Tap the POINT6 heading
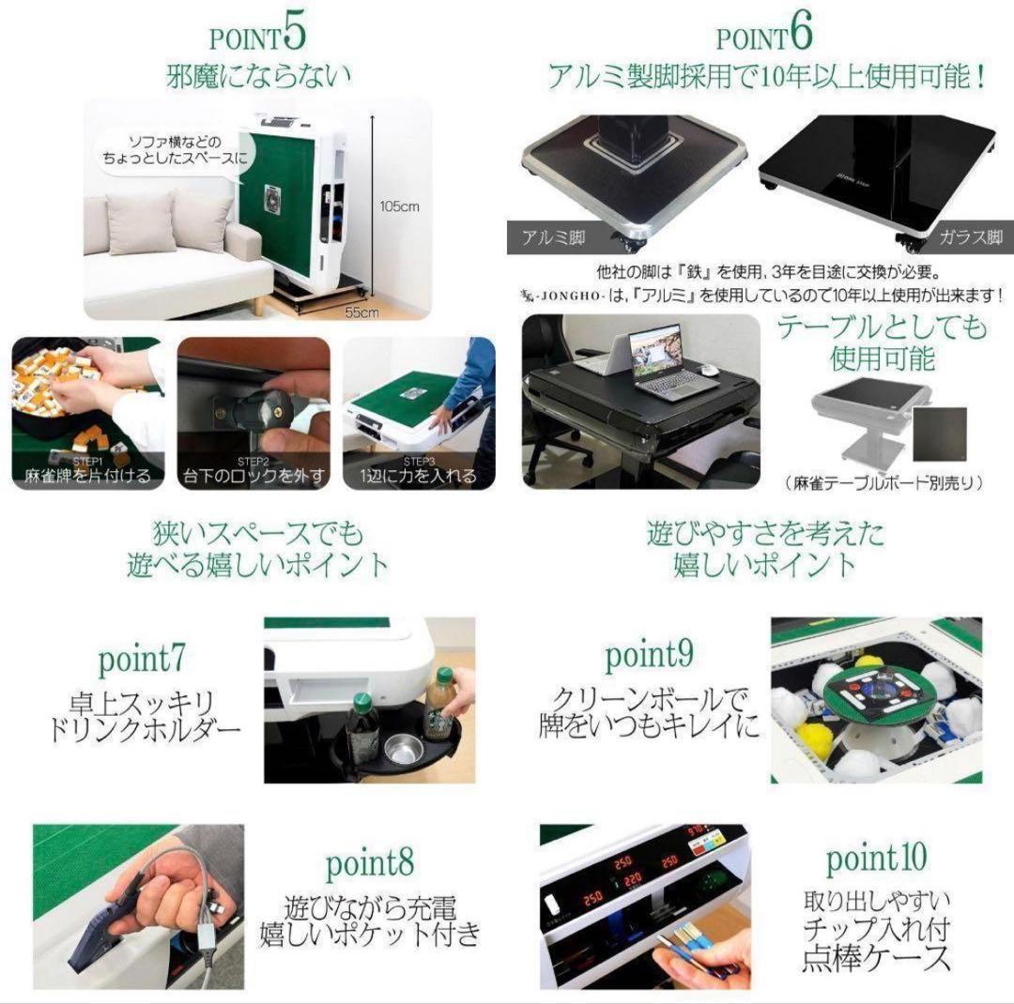(763, 36)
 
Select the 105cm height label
(400, 206)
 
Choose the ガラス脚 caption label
(970, 238)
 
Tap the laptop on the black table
(660, 361)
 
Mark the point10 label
(876, 856)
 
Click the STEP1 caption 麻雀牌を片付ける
(87, 476)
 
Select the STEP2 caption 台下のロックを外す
(253, 476)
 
